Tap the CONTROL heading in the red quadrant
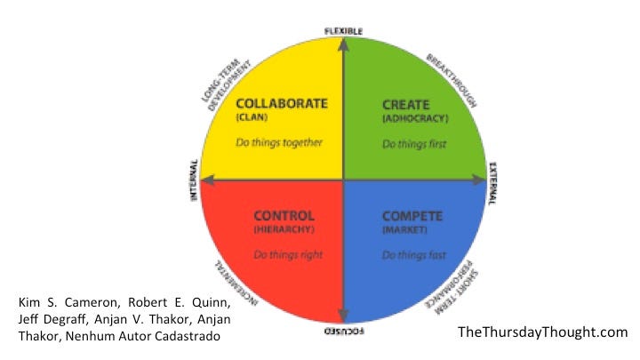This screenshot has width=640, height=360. (x=284, y=215)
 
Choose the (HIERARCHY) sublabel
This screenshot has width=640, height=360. (x=284, y=230)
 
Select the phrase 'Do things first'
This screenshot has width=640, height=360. (x=413, y=143)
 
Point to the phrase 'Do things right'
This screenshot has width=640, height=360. (x=287, y=255)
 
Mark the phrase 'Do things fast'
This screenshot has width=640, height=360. (x=412, y=255)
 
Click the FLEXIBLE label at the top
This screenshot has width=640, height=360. (x=343, y=31)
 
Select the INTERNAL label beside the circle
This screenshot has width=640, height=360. (x=194, y=181)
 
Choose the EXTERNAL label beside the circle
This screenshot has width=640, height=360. (x=493, y=181)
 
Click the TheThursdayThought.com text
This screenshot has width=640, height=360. (x=543, y=332)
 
